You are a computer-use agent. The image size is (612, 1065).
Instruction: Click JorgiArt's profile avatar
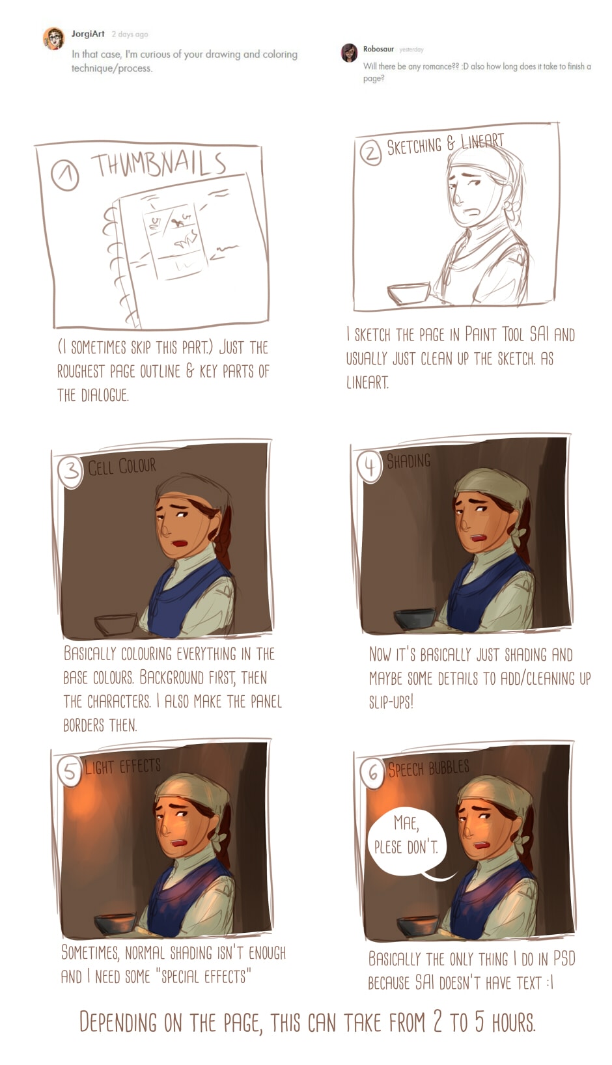pos(54,38)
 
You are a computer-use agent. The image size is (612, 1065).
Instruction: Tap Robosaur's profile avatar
pos(350,53)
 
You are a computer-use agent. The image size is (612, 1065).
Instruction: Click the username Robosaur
pos(378,49)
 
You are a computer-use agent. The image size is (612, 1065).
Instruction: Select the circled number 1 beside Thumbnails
pos(64,175)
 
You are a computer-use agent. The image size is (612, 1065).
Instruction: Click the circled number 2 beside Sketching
pos(371,152)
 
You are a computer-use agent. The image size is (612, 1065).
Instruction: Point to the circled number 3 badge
pos(71,471)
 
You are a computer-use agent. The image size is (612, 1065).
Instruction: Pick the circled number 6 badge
pos(372,773)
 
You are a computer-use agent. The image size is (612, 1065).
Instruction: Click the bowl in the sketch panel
pos(408,293)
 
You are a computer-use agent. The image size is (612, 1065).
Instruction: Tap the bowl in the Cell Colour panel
pos(116,624)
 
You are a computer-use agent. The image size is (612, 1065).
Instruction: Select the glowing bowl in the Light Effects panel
pos(115,923)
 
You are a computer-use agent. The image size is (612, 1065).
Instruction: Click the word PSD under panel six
pos(564,958)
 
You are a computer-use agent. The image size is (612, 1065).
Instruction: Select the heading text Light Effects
pos(122,766)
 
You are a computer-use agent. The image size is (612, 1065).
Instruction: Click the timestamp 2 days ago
pos(130,35)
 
